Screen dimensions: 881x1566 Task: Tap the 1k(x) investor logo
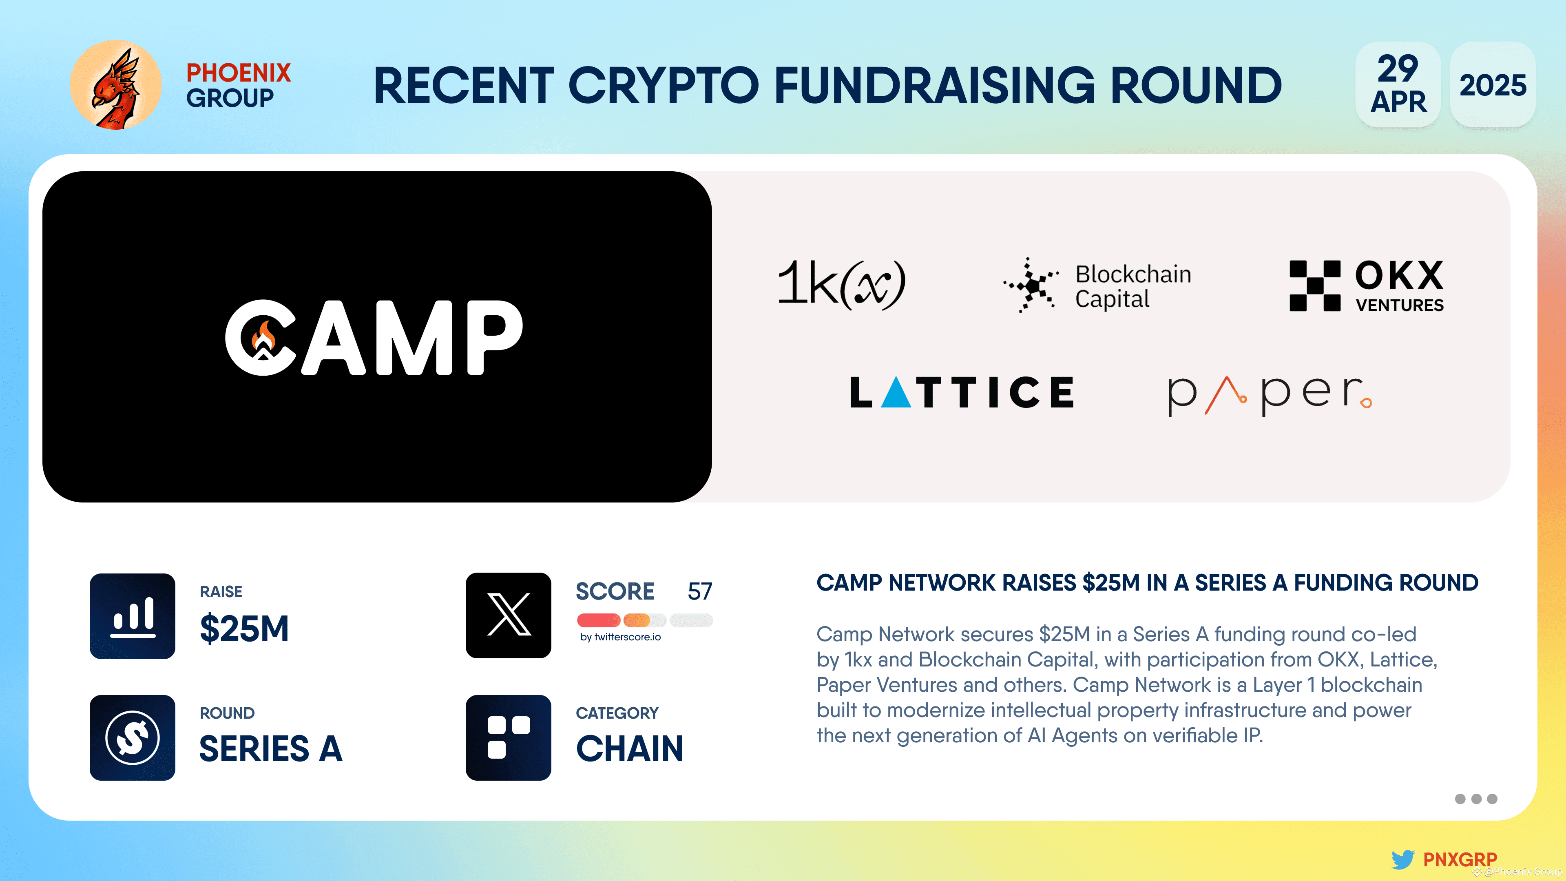(841, 283)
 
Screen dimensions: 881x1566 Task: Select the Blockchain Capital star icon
(1031, 285)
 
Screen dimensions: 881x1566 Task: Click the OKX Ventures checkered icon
(1315, 286)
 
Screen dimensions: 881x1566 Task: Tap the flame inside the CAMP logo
(264, 336)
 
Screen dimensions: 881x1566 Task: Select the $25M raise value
(244, 628)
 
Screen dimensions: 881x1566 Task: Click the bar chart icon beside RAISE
(133, 616)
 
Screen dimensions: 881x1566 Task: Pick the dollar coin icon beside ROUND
(133, 737)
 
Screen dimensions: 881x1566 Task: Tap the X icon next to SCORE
(508, 615)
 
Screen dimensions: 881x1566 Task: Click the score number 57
(700, 591)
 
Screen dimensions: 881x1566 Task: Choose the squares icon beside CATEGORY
(508, 737)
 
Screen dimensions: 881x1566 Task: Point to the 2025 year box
(1493, 84)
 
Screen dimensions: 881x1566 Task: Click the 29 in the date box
(1398, 68)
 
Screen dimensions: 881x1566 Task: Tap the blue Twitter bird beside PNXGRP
(1403, 859)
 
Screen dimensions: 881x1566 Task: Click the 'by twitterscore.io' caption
(620, 637)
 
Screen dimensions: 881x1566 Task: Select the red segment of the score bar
(598, 620)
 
